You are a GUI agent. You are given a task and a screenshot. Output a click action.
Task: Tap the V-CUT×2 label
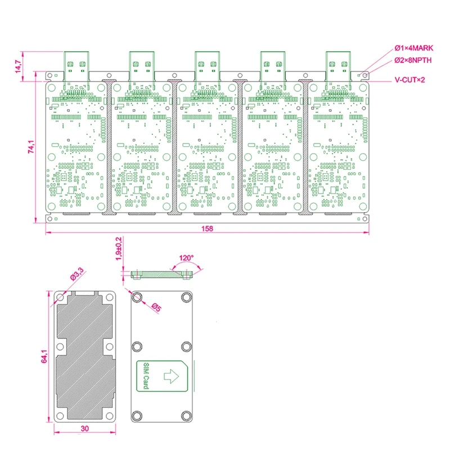pos(409,80)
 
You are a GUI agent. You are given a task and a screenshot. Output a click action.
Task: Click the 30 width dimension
pos(84,429)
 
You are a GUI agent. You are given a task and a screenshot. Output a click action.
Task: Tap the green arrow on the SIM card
pos(169,375)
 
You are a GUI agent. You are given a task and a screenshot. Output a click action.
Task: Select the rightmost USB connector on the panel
pos(338,66)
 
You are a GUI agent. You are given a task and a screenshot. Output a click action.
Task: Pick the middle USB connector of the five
pos(206,66)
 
